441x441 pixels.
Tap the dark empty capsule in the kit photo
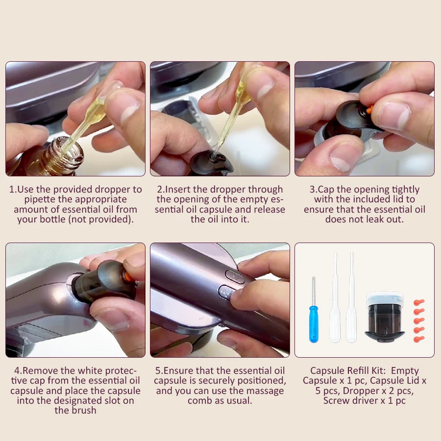click(x=385, y=317)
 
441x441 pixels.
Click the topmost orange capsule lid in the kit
click(x=419, y=302)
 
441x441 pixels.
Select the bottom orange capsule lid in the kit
click(x=419, y=339)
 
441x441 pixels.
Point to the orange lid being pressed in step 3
click(x=369, y=109)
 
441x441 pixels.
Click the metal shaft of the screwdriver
click(x=314, y=292)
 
